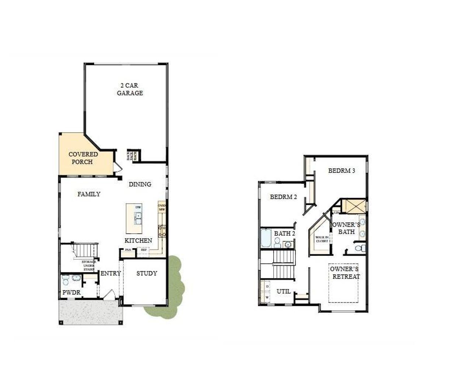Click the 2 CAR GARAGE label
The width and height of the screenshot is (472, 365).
coord(130,89)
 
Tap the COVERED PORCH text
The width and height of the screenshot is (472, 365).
coord(83,158)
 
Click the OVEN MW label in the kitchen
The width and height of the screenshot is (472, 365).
coord(162,208)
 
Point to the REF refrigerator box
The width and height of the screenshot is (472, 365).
coord(143,250)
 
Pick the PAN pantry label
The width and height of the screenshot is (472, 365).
coord(128,250)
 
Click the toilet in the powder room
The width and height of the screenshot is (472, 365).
coord(66,280)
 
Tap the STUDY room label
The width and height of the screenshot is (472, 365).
coord(146,273)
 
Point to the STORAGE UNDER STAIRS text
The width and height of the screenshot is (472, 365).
coord(89,265)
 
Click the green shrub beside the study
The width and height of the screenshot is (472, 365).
coord(173,288)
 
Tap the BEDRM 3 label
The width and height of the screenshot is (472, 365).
coord(341,171)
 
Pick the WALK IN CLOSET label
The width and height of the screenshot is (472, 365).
coord(322,239)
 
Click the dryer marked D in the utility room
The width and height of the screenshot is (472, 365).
coord(267,286)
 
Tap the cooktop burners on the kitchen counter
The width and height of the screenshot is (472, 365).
coord(162,231)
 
